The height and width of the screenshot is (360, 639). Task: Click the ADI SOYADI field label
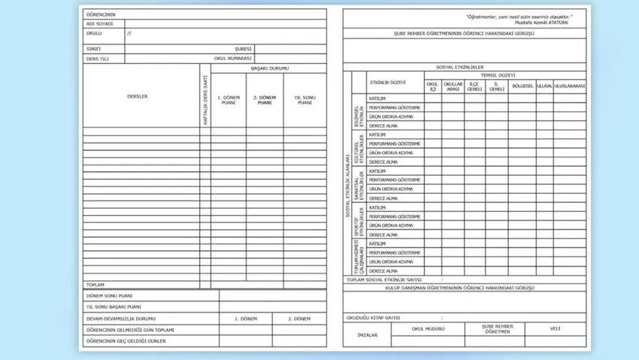click(x=99, y=24)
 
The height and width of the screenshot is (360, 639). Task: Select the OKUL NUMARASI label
click(x=232, y=58)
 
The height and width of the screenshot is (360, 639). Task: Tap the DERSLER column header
click(x=138, y=96)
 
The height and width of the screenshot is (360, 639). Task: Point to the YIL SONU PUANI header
click(x=304, y=100)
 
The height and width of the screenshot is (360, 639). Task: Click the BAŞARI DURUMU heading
click(x=268, y=68)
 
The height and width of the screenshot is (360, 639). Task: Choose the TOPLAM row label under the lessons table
click(x=95, y=285)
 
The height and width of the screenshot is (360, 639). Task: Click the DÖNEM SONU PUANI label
click(x=110, y=295)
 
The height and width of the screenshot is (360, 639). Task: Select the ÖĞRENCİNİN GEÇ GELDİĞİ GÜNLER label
click(x=126, y=341)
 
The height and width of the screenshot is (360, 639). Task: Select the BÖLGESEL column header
click(x=522, y=86)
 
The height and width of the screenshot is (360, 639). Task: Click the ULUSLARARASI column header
click(x=570, y=86)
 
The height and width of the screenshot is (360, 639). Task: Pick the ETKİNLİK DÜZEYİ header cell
click(x=388, y=81)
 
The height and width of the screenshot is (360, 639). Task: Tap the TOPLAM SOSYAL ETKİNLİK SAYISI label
click(x=389, y=280)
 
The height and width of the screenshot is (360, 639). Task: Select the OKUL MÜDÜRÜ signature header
click(x=428, y=328)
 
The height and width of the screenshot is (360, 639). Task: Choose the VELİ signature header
click(x=556, y=328)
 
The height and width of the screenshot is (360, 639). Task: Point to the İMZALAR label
click(x=367, y=334)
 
